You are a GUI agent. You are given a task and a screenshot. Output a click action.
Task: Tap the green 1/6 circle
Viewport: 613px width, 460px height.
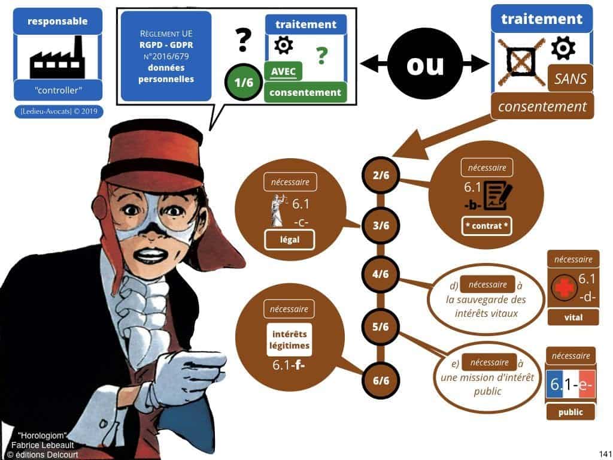click(x=243, y=83)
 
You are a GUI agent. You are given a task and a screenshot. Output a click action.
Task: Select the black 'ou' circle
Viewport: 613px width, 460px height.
click(x=424, y=65)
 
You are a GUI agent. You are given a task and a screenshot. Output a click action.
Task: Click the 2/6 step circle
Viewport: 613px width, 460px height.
click(x=380, y=174)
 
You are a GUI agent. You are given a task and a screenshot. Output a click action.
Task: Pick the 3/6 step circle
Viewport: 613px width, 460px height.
click(x=380, y=225)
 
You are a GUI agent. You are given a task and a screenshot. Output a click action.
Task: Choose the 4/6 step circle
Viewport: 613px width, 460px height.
click(x=380, y=275)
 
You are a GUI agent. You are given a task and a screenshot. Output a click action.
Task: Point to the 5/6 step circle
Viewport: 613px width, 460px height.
click(x=380, y=326)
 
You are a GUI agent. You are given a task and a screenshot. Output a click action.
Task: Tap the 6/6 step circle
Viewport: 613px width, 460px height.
click(x=380, y=380)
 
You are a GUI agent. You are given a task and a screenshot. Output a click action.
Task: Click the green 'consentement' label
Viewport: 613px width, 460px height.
click(x=305, y=92)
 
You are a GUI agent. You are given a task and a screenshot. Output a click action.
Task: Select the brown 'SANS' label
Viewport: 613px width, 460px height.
click(x=570, y=78)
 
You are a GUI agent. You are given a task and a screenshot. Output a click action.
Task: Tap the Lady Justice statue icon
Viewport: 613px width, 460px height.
click(x=277, y=211)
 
